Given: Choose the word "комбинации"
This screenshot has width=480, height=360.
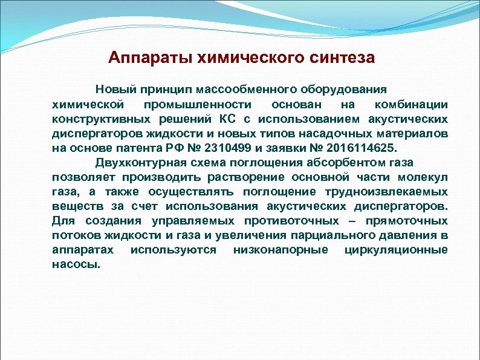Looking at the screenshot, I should pyautogui.click(x=416, y=104).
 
